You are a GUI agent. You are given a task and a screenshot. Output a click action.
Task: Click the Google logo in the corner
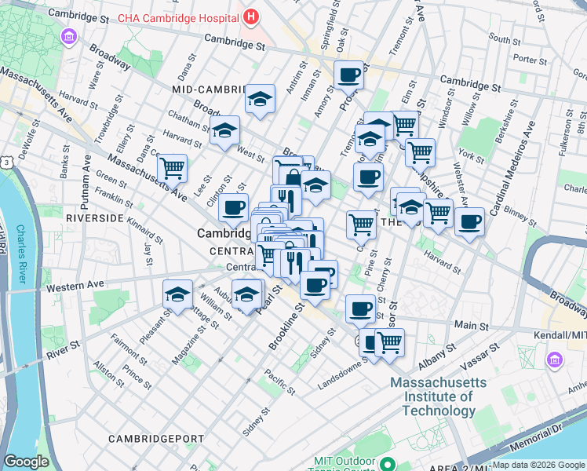[26, 462]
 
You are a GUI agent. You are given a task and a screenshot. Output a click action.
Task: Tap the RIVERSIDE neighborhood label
[95, 217]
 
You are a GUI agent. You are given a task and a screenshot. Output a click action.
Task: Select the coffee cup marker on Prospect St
[348, 76]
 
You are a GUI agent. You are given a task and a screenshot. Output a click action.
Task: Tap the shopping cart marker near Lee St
[172, 167]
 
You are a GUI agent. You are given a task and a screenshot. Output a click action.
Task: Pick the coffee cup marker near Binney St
[469, 221]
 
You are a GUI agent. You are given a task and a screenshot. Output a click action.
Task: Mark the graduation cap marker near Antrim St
[260, 99]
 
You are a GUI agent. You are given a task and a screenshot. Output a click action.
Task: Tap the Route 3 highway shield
[6, 162]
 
